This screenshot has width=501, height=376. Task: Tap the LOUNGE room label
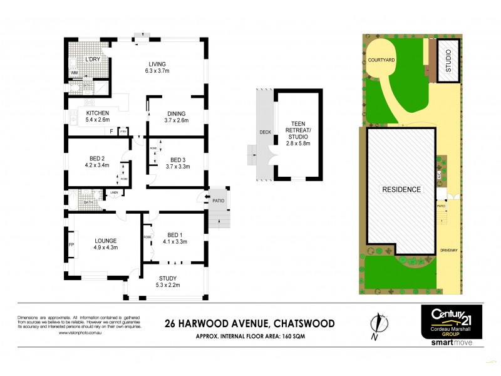click(105, 244)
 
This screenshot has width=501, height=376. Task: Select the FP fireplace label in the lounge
click(71, 244)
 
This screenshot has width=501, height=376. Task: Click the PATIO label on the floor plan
click(217, 201)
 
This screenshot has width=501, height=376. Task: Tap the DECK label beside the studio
click(264, 132)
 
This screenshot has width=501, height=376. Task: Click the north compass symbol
click(376, 324)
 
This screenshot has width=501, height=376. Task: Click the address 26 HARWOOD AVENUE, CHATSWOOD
click(249, 323)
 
